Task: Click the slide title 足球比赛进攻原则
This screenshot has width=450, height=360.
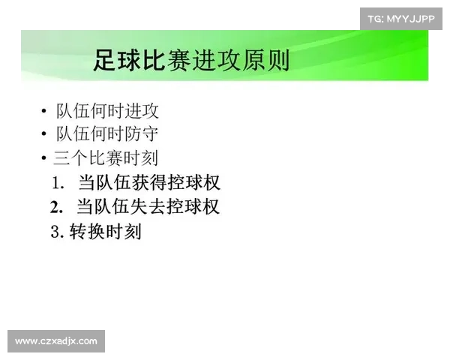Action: coord(191,59)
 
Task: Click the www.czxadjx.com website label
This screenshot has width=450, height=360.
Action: coord(56,341)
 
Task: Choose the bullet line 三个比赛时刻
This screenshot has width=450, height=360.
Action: coord(106,158)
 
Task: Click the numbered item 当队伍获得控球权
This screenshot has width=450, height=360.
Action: coord(148,182)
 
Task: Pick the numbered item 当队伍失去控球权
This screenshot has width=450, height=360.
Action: coord(148,206)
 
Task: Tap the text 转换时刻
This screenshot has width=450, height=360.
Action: coord(105,232)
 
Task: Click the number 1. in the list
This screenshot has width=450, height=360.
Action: coord(58,183)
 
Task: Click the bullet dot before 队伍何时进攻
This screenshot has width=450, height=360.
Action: coord(44,112)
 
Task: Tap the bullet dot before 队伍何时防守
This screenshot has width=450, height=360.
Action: coord(44,136)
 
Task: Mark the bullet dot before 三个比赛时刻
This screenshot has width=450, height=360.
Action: coord(44,159)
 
